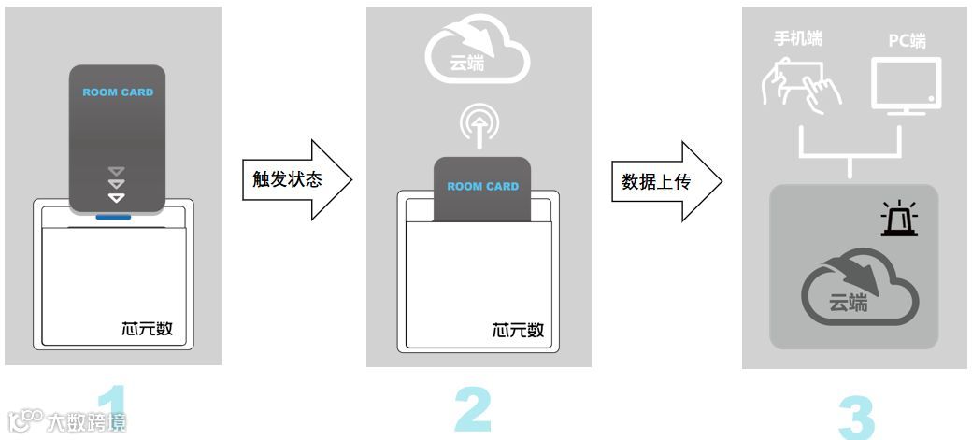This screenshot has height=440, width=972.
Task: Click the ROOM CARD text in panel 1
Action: [x=118, y=92]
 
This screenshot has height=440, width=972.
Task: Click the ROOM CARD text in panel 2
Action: [x=482, y=186]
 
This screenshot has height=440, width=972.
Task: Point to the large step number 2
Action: [x=473, y=410]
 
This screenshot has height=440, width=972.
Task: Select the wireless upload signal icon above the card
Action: [x=479, y=125]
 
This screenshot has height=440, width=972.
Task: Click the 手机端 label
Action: [x=797, y=39]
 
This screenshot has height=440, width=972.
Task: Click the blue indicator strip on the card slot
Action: [x=114, y=218]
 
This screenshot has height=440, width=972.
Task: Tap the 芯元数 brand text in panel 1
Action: [x=147, y=330]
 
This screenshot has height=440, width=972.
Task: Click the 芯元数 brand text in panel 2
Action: [x=518, y=330]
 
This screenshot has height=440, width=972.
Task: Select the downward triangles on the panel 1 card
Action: [x=117, y=184]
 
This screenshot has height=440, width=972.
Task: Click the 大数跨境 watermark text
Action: [x=86, y=422]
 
